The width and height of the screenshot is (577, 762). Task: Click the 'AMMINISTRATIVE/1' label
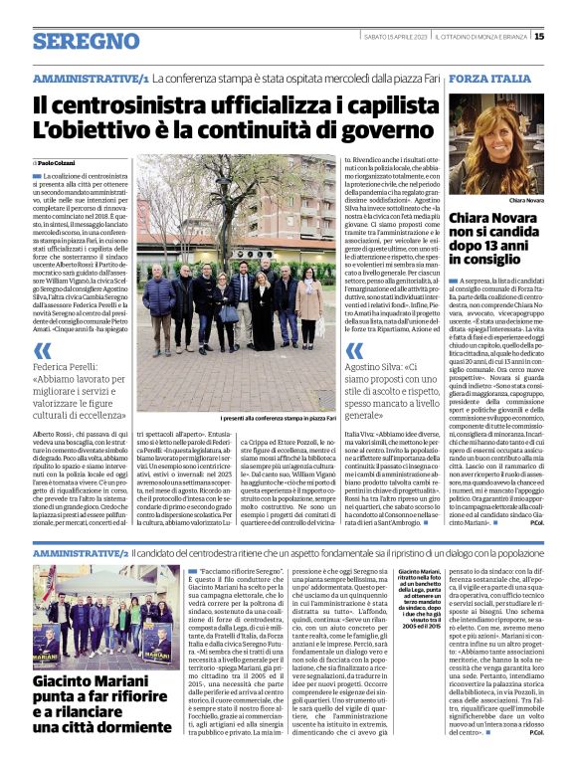coord(91,78)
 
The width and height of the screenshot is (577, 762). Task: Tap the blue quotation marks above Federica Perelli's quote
coord(42,351)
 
